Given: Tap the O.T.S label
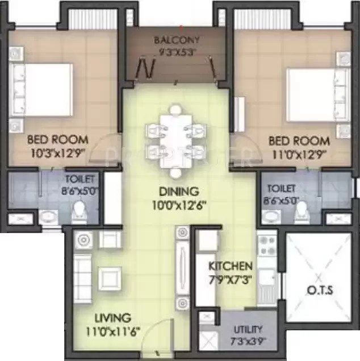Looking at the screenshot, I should pyautogui.click(x=321, y=291).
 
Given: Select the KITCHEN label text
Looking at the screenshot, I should pyautogui.click(x=230, y=266).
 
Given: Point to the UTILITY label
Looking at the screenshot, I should pyautogui.click(x=248, y=329).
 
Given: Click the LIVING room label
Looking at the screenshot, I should pyautogui.click(x=112, y=317).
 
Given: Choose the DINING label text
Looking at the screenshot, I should pyautogui.click(x=178, y=192).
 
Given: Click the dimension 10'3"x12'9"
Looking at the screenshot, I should pyautogui.click(x=58, y=152).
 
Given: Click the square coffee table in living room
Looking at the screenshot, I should pyautogui.click(x=110, y=277).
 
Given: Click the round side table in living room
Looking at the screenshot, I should pyautogui.click(x=83, y=239).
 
